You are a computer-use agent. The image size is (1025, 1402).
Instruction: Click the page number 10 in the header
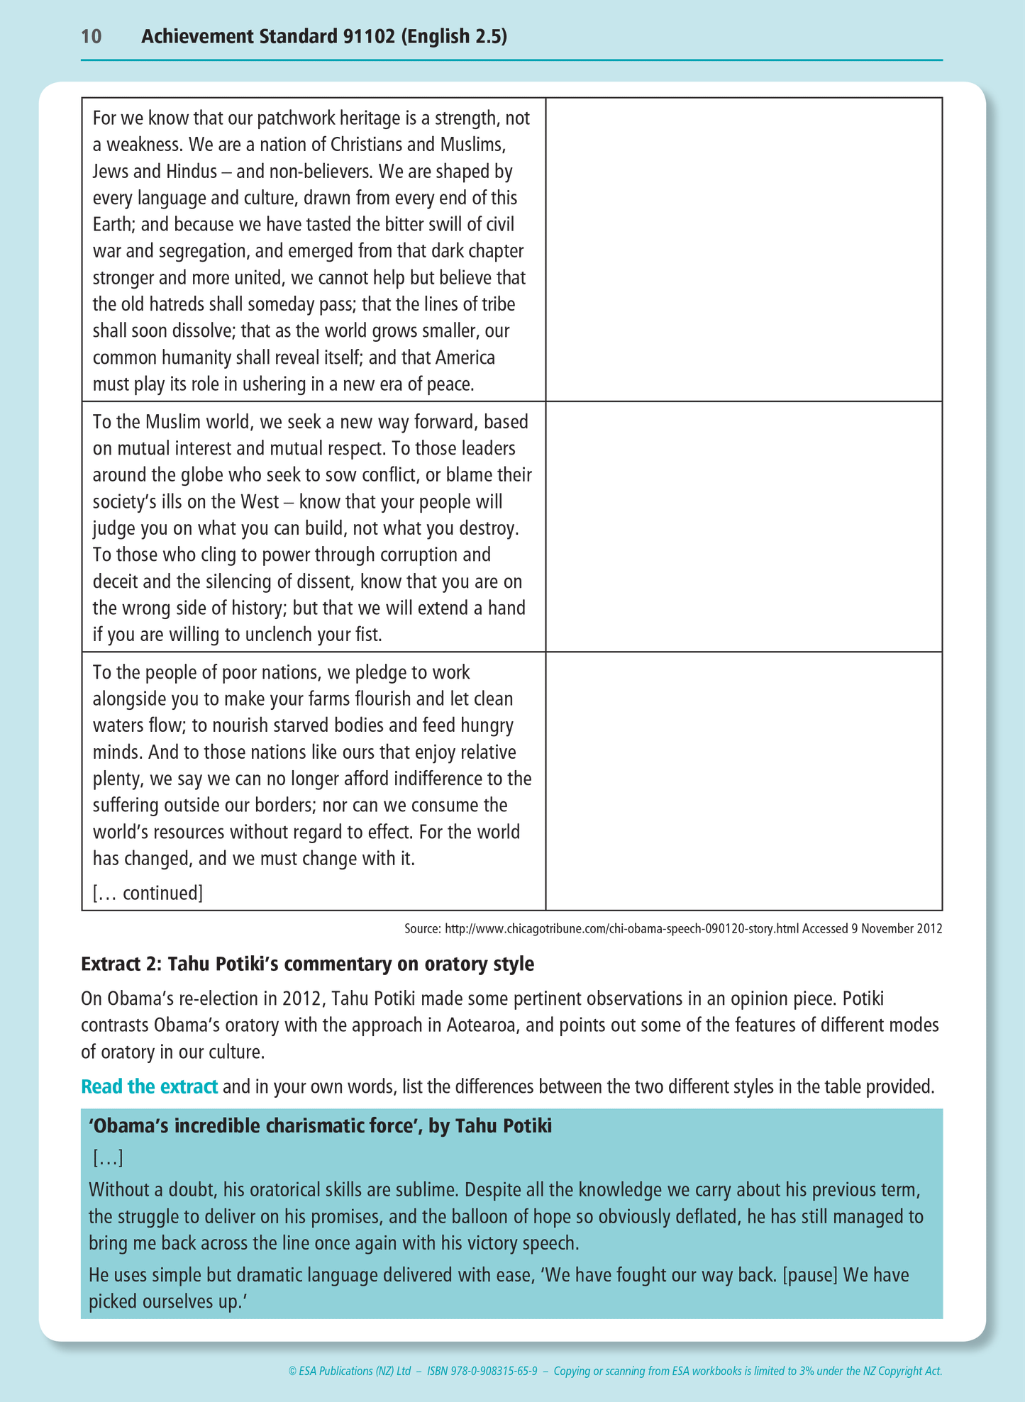92,37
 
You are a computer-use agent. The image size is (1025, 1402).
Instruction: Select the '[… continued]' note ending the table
148,893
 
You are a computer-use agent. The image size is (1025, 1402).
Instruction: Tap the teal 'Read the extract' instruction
149,1086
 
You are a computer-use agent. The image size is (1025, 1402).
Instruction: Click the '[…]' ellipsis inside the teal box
108,1159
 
